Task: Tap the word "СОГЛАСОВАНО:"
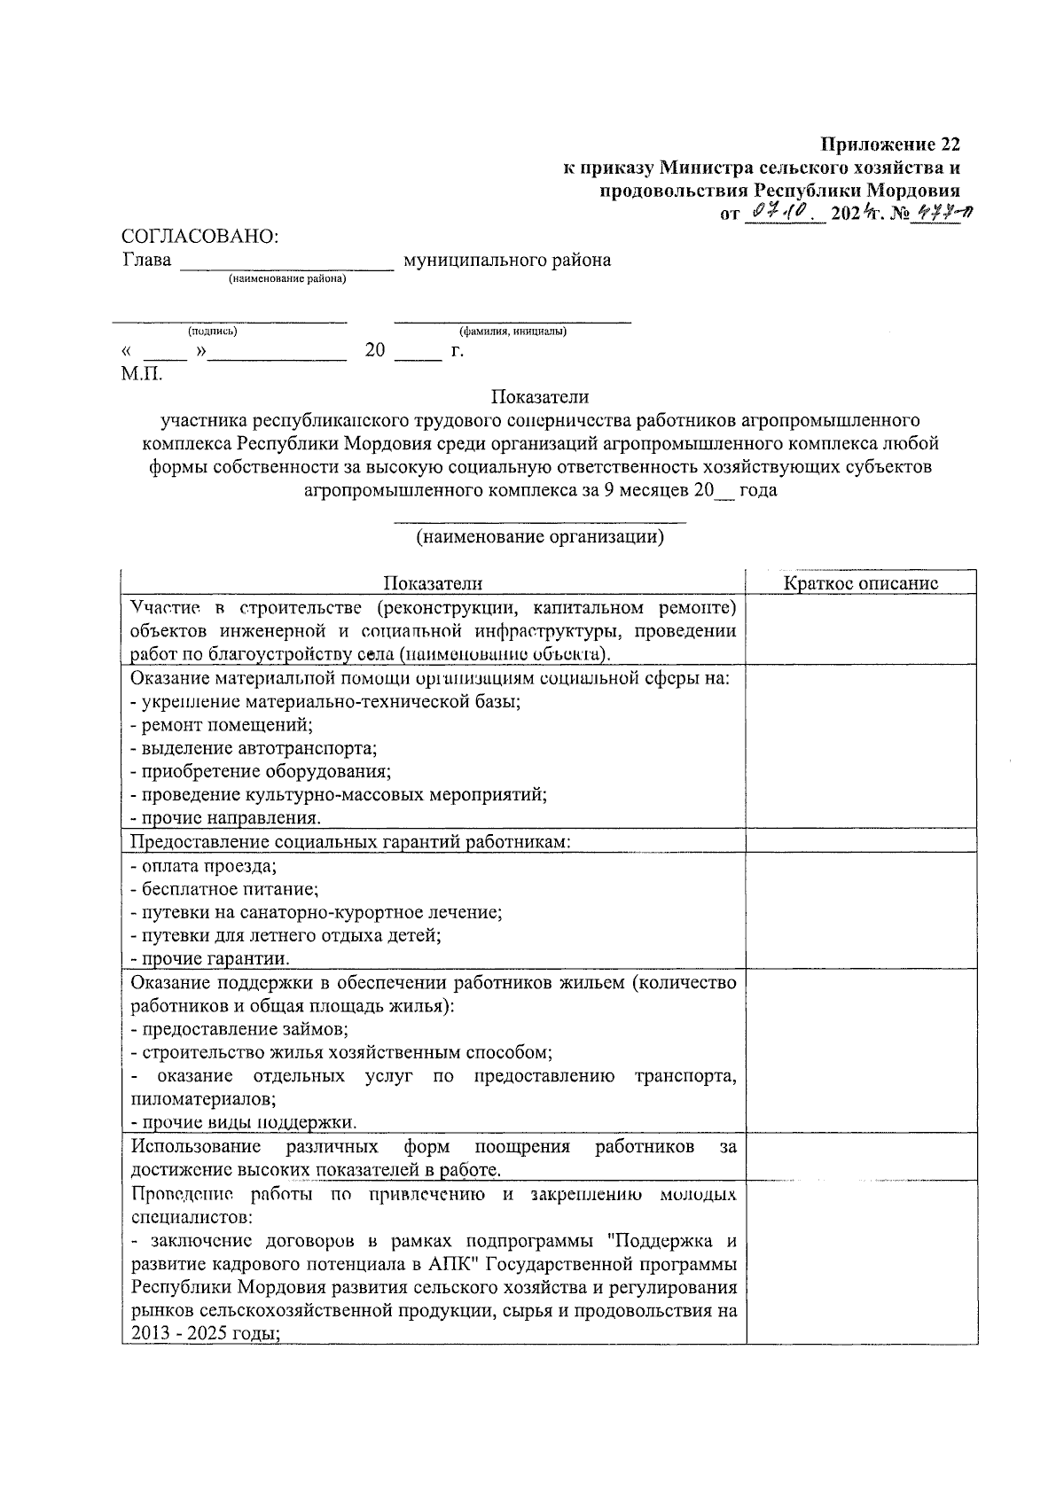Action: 199,237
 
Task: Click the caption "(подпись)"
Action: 212,332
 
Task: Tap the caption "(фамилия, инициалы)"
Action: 512,332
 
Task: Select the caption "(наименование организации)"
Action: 540,537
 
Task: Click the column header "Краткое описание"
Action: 861,582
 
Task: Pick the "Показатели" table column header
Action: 433,582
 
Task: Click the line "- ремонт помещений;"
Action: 222,725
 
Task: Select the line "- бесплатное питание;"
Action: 224,889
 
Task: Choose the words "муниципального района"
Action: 506,261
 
